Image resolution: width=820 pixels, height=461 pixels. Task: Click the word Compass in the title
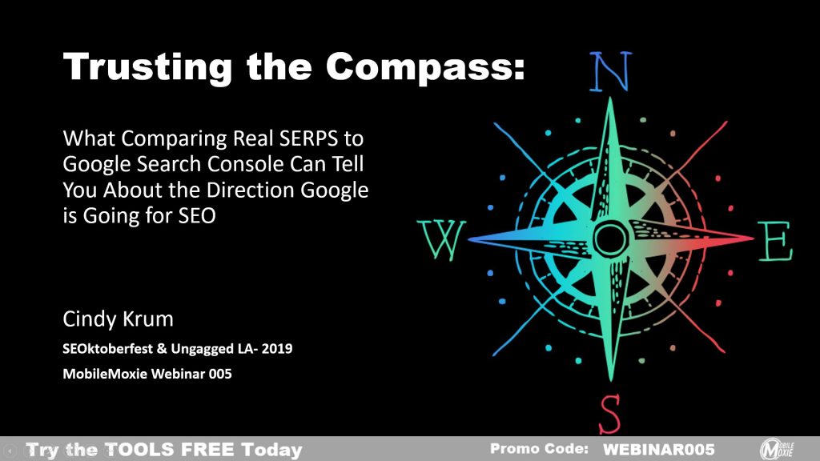(424, 67)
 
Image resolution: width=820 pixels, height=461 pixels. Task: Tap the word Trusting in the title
(148, 67)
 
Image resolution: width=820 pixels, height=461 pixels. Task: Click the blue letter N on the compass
(610, 71)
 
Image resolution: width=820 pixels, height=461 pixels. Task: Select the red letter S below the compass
(609, 414)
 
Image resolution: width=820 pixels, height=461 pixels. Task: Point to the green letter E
(776, 241)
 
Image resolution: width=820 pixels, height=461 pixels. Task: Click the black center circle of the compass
(609, 239)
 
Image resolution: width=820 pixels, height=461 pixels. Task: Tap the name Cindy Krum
(119, 319)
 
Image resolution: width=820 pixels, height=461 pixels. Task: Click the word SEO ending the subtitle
(197, 215)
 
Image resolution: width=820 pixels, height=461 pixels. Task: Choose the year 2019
(276, 349)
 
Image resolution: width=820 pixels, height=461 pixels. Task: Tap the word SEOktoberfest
(108, 349)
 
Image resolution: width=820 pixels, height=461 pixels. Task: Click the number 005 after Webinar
(220, 374)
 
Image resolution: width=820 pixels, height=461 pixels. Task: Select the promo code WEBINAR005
(658, 450)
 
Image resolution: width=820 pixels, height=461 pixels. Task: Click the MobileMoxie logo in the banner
(777, 449)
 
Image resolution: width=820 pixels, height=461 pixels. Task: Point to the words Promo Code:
(539, 448)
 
